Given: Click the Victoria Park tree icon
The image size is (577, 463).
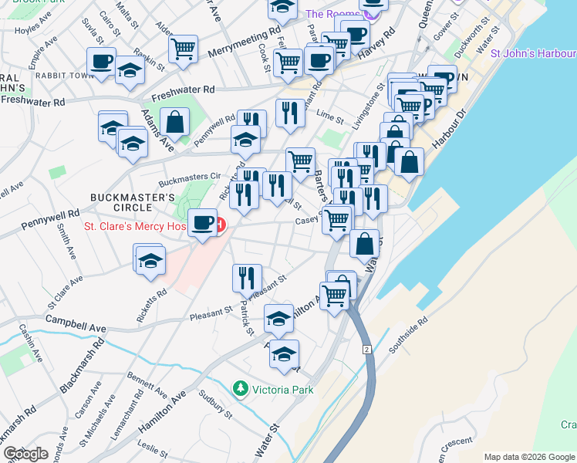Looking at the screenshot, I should click(241, 389).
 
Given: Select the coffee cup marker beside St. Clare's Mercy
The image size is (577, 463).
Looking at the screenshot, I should click(202, 224).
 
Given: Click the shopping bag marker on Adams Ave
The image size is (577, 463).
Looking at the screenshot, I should click(176, 122).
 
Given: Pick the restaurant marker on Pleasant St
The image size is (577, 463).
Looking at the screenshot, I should click(247, 277).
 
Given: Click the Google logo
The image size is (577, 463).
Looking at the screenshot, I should click(25, 454).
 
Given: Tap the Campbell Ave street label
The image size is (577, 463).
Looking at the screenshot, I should click(76, 323).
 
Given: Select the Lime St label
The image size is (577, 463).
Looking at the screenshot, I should click(330, 115).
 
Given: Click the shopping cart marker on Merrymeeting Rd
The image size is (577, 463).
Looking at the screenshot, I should click(183, 49).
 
